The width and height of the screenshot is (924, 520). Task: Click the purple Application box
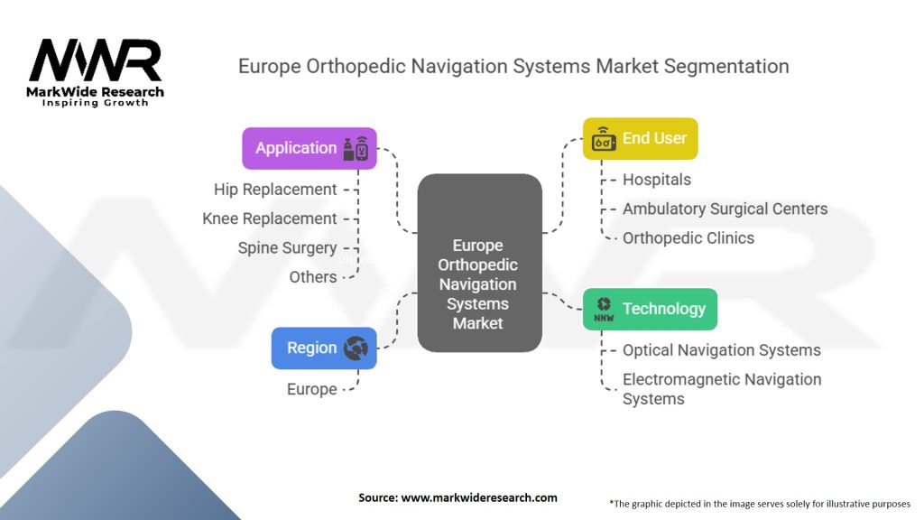tap(310, 148)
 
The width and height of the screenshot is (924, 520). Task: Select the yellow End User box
tap(640, 139)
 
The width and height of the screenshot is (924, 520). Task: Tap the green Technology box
tap(650, 309)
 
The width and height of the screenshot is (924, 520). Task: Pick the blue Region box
tap(324, 348)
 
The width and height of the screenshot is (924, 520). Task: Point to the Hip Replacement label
tap(275, 190)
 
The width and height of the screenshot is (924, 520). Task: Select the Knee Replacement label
tap(270, 218)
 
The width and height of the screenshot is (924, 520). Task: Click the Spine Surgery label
tap(287, 247)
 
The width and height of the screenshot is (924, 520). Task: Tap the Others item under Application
tap(313, 277)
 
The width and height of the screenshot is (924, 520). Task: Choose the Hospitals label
tap(657, 180)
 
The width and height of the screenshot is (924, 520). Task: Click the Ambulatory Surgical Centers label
tap(725, 209)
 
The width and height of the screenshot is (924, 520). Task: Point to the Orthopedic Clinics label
tap(688, 238)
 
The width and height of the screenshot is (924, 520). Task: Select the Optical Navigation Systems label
tap(722, 350)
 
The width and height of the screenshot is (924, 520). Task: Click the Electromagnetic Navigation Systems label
tap(722, 389)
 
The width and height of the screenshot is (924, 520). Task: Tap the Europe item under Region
tap(311, 390)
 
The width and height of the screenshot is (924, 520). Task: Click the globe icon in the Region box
tap(356, 348)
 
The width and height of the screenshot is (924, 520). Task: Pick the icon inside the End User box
tap(604, 140)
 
